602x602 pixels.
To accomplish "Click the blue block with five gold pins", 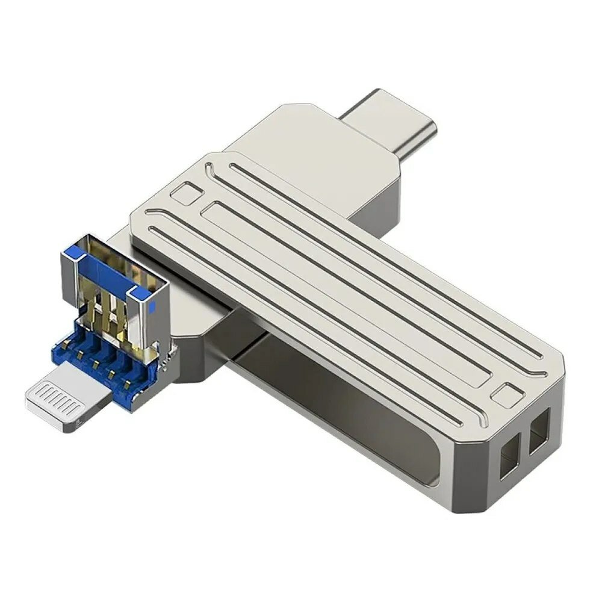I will pos(114,355).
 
